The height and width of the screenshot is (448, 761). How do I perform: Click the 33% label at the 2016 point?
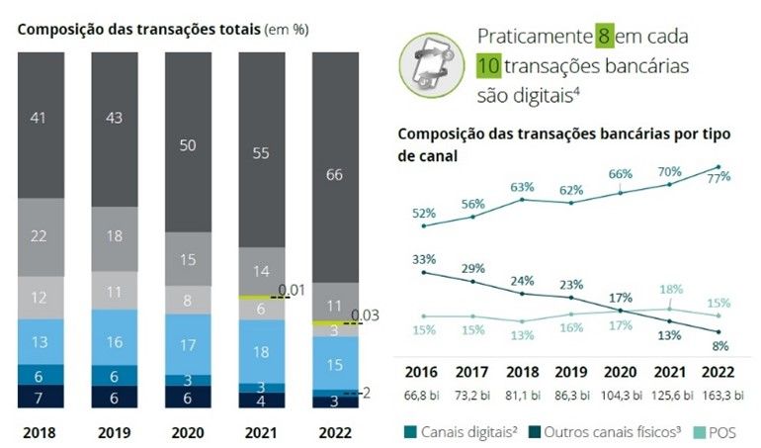coord(425,259)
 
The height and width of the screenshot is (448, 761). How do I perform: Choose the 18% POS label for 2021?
coord(671,289)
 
